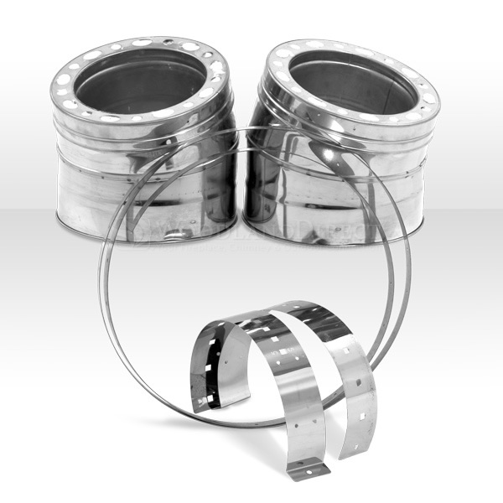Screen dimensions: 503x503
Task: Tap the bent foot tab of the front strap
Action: (x=306, y=469)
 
